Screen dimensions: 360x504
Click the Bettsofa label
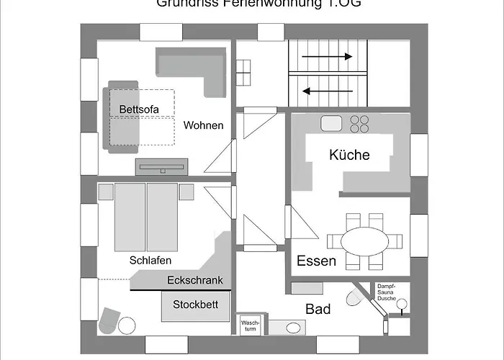pos(138,109)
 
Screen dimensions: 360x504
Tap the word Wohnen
pos(203,125)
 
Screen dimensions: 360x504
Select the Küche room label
pos(349,155)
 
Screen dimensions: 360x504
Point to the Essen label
pos(316,261)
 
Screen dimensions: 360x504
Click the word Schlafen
pos(150,260)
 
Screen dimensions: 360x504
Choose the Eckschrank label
pos(194,281)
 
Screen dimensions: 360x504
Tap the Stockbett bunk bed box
pos(194,305)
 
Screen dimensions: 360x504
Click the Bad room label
pos(318,309)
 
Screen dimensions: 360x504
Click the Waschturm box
pos(250,326)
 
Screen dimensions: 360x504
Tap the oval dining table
pos(364,241)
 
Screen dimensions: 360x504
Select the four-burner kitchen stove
pos(360,123)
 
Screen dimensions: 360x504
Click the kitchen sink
pos(331,123)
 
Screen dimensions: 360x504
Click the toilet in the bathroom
pos(354,297)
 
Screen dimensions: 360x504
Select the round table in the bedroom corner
pos(127,325)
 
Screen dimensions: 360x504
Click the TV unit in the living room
pos(161,166)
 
